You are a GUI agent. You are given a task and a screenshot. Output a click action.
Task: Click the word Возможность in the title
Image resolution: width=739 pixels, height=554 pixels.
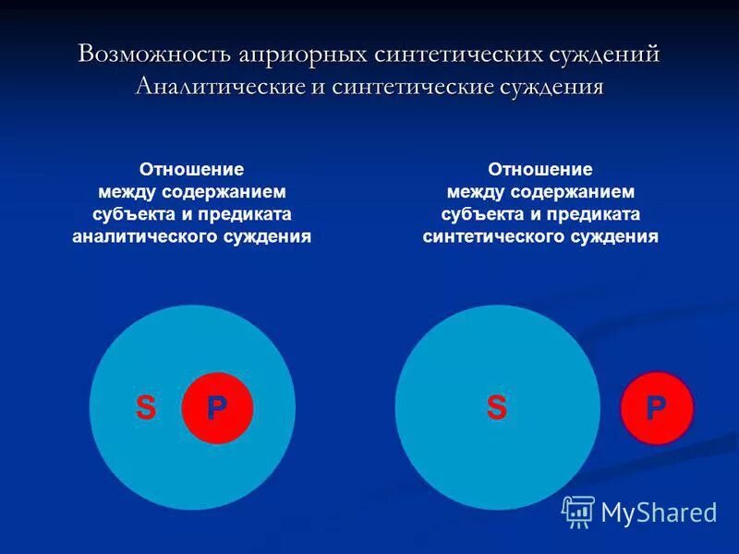141,54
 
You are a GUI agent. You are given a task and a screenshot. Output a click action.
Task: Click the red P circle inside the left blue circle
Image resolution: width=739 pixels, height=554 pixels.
217,407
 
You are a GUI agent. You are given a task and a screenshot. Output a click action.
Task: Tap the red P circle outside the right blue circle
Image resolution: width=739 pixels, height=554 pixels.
656,407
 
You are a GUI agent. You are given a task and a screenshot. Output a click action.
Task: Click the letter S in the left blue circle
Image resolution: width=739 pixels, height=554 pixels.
146,407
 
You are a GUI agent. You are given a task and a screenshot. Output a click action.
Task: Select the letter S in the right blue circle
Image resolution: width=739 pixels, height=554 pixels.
497,407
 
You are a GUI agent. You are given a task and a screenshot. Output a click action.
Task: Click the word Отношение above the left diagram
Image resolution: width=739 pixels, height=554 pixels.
191,170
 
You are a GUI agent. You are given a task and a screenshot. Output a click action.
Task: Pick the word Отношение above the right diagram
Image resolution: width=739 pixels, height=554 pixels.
540,170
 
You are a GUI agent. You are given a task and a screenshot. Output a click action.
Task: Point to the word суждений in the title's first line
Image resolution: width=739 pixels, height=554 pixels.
601,54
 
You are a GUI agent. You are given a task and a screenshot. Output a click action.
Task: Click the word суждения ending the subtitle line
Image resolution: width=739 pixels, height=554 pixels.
552,88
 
